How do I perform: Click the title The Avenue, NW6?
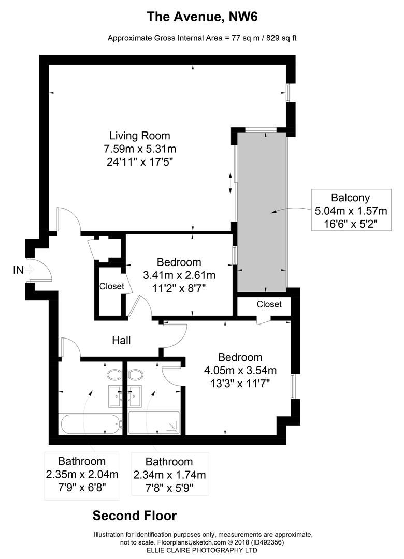coord(202,17)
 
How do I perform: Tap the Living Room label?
coord(139,136)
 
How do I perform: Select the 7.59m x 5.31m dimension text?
coord(139,149)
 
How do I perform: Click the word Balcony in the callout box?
coord(351,198)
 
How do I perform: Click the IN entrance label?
coord(18,270)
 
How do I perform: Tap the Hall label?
coord(121,340)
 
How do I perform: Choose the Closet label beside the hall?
coord(112,286)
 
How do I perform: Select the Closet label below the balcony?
coord(269,304)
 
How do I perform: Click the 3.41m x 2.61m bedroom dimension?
coord(179,275)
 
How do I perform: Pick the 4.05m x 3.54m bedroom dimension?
coord(240,371)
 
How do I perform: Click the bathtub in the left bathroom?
coord(90,424)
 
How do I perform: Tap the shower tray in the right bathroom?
coord(154,423)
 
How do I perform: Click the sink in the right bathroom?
coord(135,396)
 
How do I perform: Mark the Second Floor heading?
coord(135,516)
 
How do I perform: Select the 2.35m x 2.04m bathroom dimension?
coord(82,475)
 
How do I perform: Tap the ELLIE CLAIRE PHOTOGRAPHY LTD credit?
coord(202,550)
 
